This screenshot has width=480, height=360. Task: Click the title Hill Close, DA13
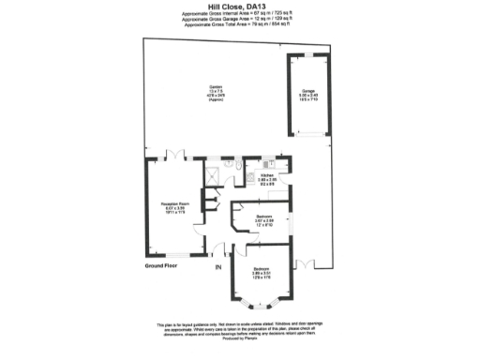240,6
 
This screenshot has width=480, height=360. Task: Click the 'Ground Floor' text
162,265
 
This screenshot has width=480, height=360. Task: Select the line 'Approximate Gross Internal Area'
240,14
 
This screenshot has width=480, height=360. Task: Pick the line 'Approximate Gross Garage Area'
240,20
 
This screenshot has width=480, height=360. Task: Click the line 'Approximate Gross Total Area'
240,26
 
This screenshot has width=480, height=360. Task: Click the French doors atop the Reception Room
171,156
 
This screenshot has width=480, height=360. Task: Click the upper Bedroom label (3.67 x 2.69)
264,220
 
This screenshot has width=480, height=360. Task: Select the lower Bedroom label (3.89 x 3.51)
262,272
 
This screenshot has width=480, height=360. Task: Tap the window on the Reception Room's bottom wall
177,256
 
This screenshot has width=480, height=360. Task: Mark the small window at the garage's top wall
308,54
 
